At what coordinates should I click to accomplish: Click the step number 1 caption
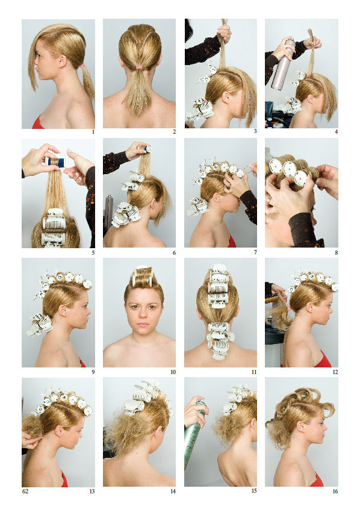coord(93,131)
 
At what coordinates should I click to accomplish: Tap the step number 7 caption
coord(255,252)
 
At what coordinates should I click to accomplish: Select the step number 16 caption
coord(335,491)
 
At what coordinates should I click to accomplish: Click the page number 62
coord(25,491)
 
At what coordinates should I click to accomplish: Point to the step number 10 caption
coord(173,372)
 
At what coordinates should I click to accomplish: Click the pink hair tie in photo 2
coord(139,67)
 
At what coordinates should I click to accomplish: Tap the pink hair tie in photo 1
coord(82,66)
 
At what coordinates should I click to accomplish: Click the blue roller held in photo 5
coord(55,161)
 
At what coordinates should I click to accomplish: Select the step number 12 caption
coord(335,372)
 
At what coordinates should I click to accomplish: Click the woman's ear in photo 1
coord(61,60)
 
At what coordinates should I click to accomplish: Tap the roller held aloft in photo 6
coord(145,149)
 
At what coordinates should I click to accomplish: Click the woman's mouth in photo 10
coord(143,324)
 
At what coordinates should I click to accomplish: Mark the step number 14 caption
coord(173,491)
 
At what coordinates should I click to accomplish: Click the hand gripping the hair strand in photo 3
coord(225,33)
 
